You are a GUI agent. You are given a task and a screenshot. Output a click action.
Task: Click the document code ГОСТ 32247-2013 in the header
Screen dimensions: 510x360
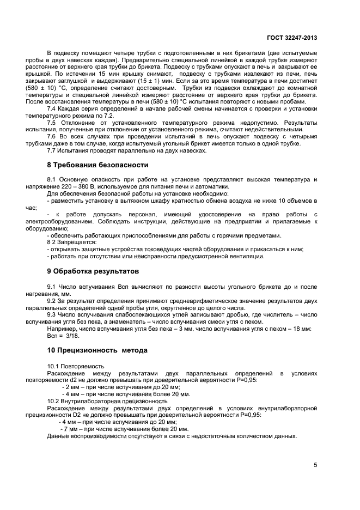click(292, 38)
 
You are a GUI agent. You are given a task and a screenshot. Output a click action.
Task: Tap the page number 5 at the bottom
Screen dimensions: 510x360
click(315, 465)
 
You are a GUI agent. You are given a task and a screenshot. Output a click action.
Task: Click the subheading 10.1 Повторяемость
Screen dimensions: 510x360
click(77, 366)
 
